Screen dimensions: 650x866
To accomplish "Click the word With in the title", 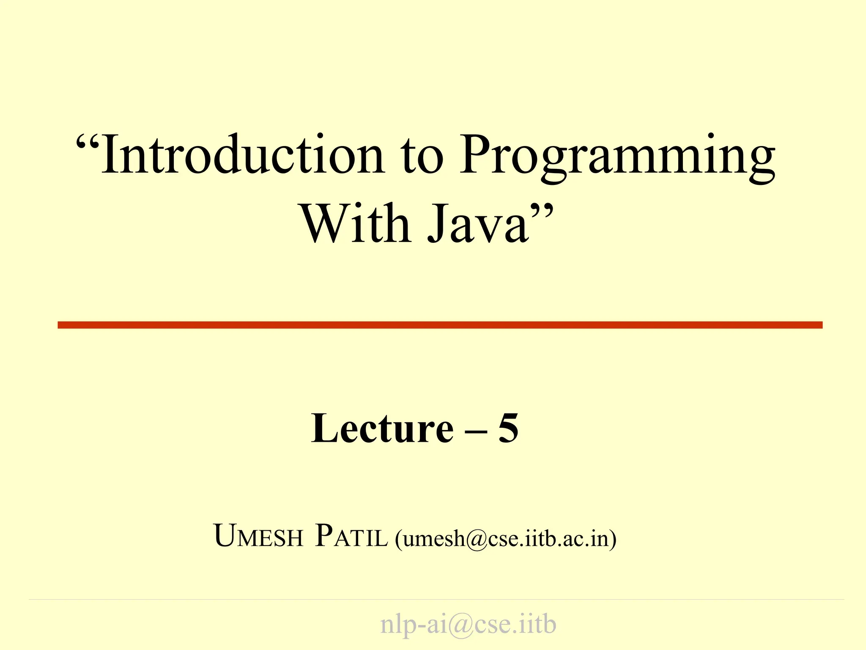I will pos(355,224).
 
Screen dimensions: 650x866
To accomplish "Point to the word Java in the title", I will pos(478,224).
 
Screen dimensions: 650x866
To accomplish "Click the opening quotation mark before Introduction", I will pos(88,144).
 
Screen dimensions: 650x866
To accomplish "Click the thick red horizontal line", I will pos(440,325).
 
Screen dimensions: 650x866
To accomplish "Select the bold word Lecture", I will pos(382,429).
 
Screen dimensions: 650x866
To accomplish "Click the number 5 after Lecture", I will pos(508,429).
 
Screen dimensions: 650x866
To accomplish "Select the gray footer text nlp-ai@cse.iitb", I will pos(468,624).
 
